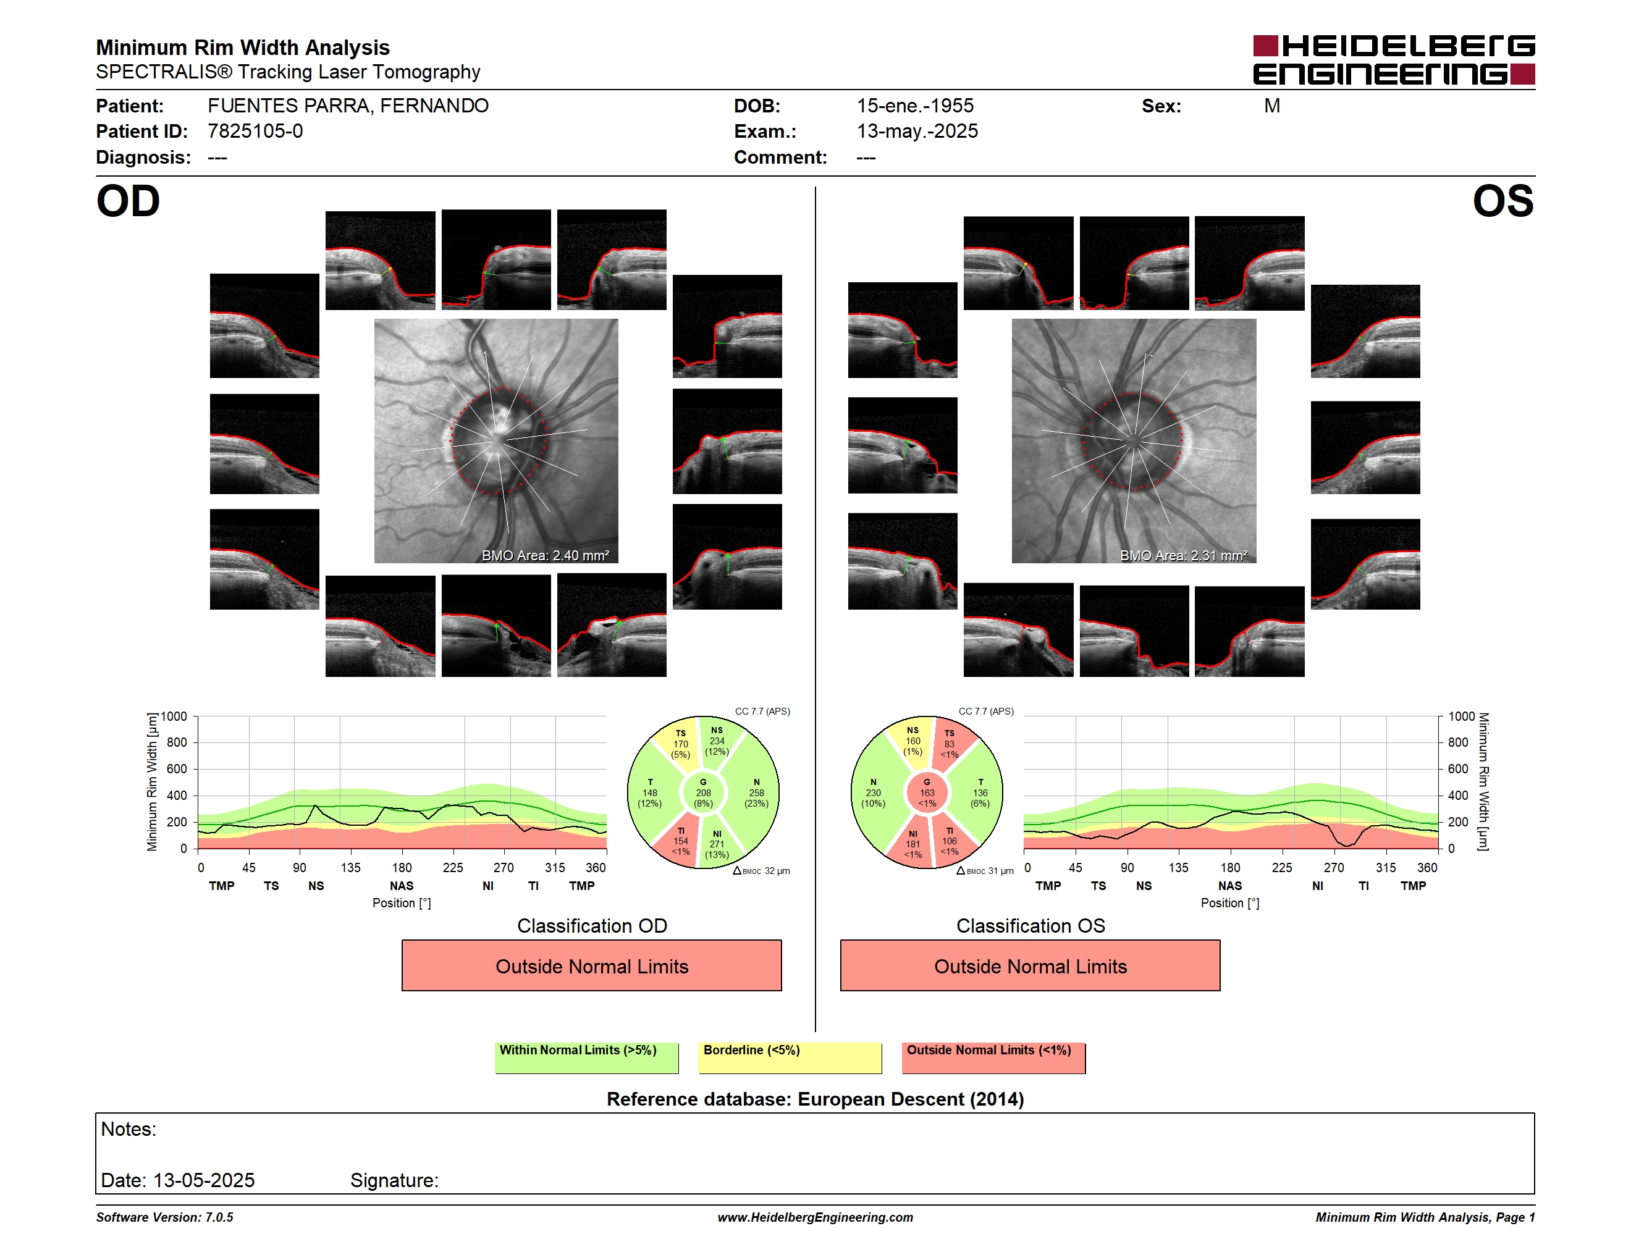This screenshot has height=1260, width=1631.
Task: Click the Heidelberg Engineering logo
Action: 1394,60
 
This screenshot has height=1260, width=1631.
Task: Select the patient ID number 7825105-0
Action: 255,132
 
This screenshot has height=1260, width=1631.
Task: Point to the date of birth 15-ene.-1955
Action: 915,106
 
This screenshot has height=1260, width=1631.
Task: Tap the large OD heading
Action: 129,201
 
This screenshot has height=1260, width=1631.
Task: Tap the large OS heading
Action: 1502,201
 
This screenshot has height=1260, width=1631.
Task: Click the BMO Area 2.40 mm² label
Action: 545,555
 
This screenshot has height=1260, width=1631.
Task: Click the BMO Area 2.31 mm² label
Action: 1184,555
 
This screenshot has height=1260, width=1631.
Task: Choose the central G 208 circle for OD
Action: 702,792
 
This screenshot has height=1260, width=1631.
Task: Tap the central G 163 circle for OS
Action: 927,792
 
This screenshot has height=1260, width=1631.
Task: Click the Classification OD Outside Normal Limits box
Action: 591,965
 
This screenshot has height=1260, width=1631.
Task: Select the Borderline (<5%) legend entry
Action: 790,1057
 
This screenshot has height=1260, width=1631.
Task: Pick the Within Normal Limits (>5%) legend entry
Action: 586,1057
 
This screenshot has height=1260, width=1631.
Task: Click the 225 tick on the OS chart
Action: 1281,867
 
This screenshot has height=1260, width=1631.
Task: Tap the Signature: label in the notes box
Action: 394,1180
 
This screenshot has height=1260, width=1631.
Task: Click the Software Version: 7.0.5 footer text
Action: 164,1217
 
